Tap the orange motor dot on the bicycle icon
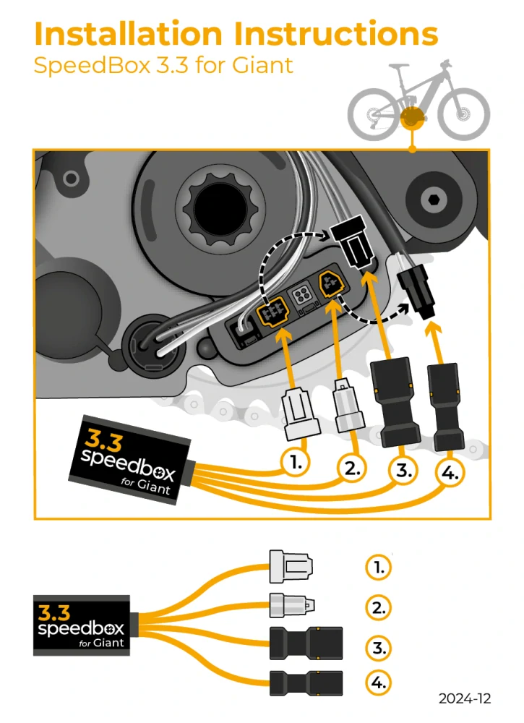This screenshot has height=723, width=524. coord(412,117)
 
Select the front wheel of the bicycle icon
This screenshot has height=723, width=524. coord(463,114)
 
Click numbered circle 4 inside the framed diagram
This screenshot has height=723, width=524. coord(450,474)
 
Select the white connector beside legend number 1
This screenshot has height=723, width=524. coord(291,568)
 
